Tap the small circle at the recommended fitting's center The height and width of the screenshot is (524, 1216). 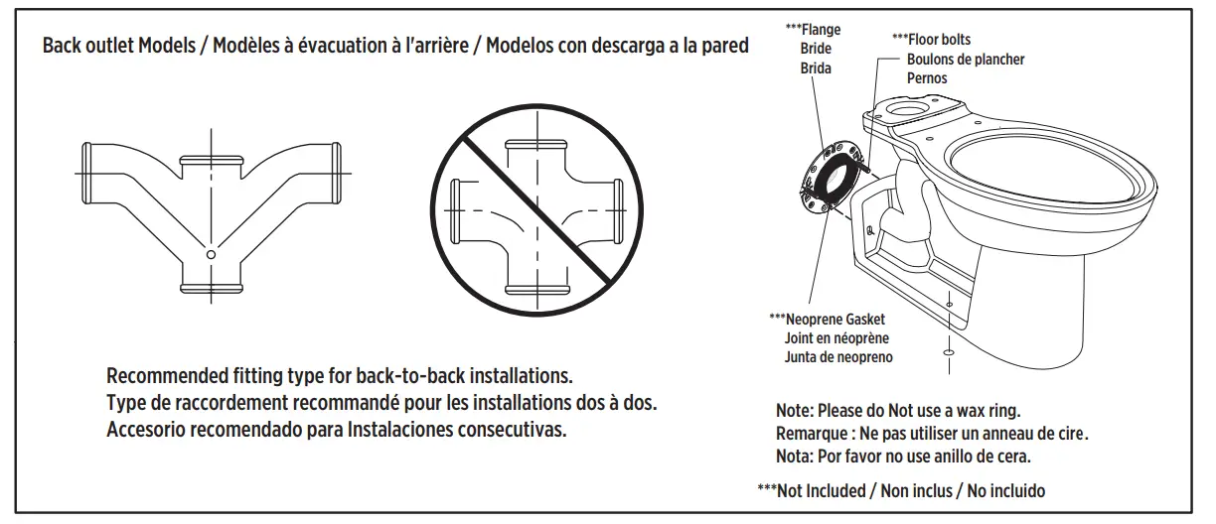click(210, 255)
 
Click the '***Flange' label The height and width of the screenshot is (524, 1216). click(813, 31)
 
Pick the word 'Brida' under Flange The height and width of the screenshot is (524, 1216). click(816, 67)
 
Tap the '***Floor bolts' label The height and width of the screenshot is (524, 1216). click(931, 40)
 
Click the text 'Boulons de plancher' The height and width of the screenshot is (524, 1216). click(965, 59)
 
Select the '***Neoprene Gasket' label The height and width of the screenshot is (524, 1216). click(827, 320)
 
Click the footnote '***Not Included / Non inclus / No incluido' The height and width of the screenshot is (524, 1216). click(900, 489)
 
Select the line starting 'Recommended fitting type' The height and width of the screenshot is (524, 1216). click(339, 378)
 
